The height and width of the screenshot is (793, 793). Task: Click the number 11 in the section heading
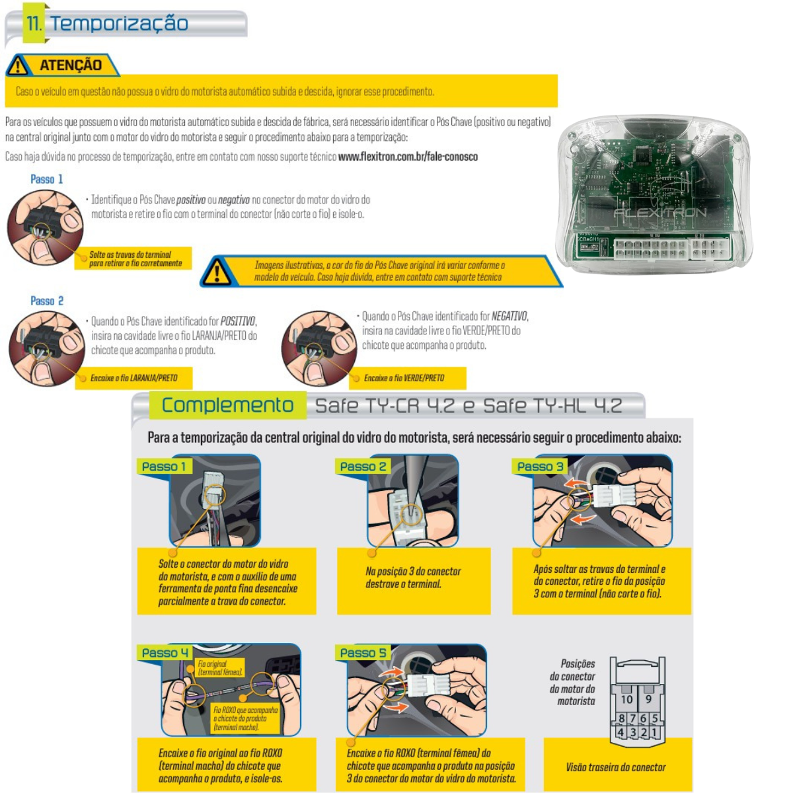tap(34, 23)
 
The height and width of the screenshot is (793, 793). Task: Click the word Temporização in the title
tap(120, 23)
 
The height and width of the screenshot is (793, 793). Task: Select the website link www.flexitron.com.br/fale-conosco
tap(408, 157)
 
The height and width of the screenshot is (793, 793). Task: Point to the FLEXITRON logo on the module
tap(660, 212)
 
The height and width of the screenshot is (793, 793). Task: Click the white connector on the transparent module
tap(671, 248)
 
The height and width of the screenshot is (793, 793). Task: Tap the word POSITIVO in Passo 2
tap(238, 321)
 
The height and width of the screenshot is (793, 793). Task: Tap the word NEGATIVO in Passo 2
tap(510, 316)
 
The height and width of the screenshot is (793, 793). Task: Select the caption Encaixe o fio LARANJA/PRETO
tap(133, 378)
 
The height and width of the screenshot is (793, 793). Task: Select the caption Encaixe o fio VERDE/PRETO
tap(404, 378)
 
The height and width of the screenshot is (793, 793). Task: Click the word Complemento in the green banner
tap(227, 405)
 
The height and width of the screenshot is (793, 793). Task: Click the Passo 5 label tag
tap(363, 653)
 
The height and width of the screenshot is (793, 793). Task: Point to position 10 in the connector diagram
tap(626, 699)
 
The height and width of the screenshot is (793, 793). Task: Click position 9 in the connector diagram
tap(648, 699)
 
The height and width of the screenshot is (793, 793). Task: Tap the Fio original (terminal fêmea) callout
tap(220, 667)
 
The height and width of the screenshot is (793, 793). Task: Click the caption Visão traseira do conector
tap(616, 767)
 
